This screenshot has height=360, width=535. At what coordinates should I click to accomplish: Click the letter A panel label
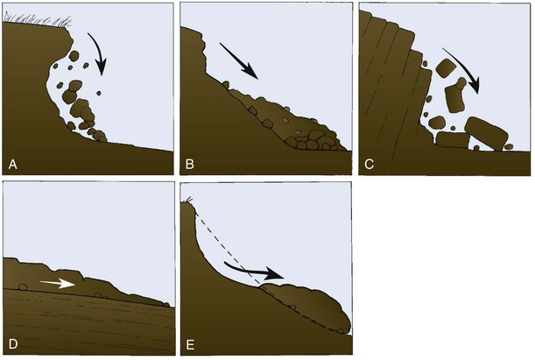pyautogui.click(x=12, y=165)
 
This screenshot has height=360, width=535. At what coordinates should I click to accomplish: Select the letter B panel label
pyautogui.click(x=190, y=165)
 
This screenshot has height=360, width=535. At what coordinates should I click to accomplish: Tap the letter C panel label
pyautogui.click(x=369, y=165)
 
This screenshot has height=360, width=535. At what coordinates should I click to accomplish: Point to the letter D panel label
pyautogui.click(x=12, y=344)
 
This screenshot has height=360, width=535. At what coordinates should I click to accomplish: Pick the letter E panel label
pyautogui.click(x=190, y=344)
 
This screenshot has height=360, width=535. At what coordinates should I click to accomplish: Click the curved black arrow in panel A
pyautogui.click(x=100, y=52)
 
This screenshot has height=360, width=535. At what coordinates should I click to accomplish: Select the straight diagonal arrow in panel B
pyautogui.click(x=238, y=60)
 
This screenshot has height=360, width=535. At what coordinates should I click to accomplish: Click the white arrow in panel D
pyautogui.click(x=58, y=283)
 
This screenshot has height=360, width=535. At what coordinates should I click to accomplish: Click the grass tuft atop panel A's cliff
pyautogui.click(x=38, y=20)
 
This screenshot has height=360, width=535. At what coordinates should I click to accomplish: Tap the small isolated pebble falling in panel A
pyautogui.click(x=99, y=93)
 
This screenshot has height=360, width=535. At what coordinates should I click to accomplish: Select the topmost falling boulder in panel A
pyautogui.click(x=74, y=56)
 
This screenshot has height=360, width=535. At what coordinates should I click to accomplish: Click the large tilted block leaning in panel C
pyautogui.click(x=487, y=133)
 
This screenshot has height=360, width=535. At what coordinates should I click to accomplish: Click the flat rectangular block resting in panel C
pyautogui.click(x=453, y=140)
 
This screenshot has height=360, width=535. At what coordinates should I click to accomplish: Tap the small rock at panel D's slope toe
pyautogui.click(x=166, y=304)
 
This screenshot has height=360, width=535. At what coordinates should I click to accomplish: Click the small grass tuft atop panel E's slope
pyautogui.click(x=188, y=201)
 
